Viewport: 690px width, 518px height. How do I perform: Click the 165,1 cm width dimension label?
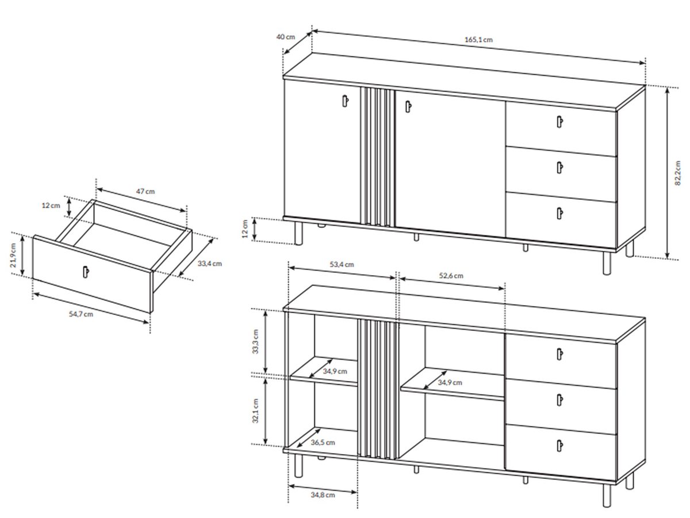tap(478, 40)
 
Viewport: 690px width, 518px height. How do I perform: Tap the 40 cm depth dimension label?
tap(285, 37)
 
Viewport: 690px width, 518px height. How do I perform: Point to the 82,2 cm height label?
tap(677, 173)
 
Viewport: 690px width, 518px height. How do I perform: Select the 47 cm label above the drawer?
tap(145, 191)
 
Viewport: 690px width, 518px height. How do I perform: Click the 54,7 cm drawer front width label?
tap(81, 314)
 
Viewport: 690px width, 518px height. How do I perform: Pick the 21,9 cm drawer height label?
tap(13, 256)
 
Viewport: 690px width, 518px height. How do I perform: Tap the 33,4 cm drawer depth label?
tap(210, 264)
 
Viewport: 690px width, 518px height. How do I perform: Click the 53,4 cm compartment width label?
tap(342, 265)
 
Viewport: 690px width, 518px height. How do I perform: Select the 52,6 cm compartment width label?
tap(451, 276)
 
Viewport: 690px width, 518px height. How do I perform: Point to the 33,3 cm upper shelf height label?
tap(255, 341)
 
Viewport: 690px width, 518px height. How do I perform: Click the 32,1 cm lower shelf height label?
tap(255, 411)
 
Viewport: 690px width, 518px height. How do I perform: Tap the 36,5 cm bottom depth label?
tap(323, 443)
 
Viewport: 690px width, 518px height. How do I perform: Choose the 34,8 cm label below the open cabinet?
tap(323, 495)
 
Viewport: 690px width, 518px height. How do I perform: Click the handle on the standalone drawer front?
tap(86, 272)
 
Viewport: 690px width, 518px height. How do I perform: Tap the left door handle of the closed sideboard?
tap(345, 101)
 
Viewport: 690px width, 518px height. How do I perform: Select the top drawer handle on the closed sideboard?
tap(559, 121)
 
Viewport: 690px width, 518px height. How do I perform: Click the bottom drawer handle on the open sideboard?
tap(559, 445)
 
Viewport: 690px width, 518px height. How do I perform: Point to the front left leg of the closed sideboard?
tap(298, 233)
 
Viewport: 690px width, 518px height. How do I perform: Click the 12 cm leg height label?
tap(245, 228)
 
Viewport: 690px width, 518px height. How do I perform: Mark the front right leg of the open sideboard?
tap(607, 496)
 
